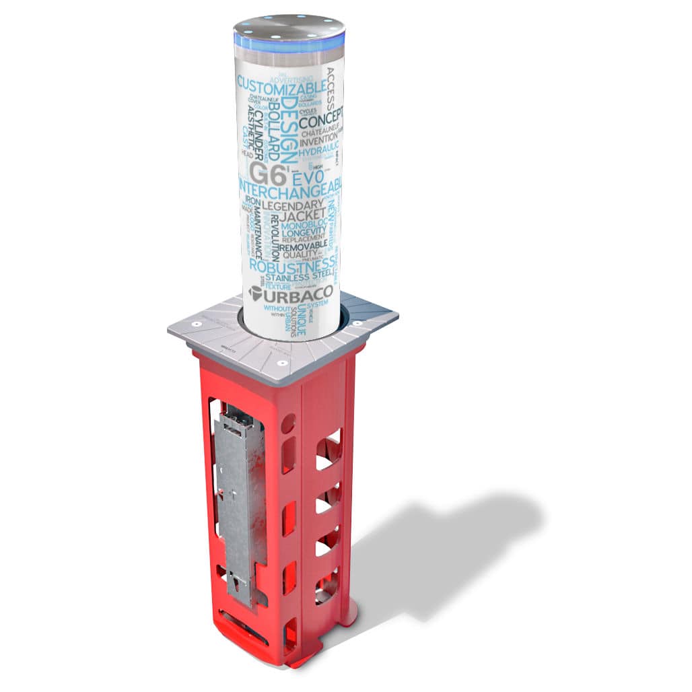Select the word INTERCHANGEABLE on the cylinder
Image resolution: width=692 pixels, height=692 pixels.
(x=290, y=186)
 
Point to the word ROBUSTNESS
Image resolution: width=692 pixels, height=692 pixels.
(x=293, y=265)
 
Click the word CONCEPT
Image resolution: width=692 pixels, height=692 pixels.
(x=321, y=123)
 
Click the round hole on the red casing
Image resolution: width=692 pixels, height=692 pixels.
(x=288, y=423)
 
